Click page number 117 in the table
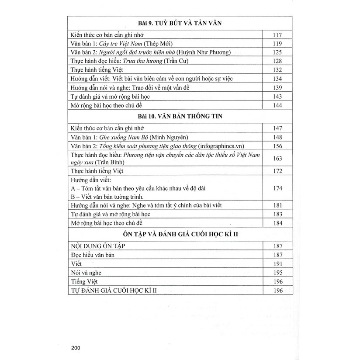(x=277, y=35)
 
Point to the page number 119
(x=277, y=44)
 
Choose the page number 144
(x=277, y=105)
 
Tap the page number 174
(x=277, y=188)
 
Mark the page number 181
(x=277, y=206)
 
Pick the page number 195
(x=277, y=273)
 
